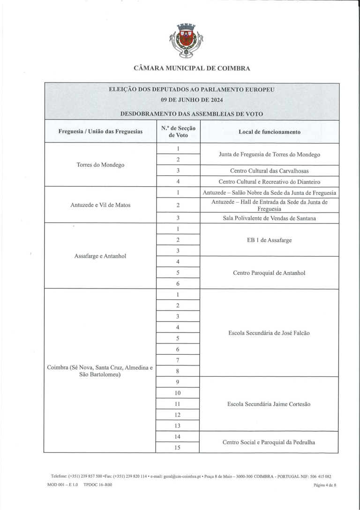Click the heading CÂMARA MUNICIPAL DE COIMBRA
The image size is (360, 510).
pos(192,69)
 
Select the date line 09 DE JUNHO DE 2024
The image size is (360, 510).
pos(192,100)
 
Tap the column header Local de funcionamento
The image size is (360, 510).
pos(269,132)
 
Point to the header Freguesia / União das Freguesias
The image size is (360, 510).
pos(100,132)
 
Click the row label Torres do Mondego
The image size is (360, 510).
pos(100,165)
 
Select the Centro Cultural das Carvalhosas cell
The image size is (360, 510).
pos(269,171)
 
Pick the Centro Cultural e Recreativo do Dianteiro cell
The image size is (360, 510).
pos(269,182)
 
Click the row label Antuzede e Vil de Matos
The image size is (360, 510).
pos(100,205)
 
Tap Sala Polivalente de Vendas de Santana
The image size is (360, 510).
pos(269,218)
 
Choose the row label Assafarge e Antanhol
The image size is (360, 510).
pos(100,256)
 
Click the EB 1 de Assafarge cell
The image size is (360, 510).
pos(269,240)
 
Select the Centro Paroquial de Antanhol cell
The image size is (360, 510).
pos(269,273)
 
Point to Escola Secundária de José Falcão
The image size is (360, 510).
pos(269,333)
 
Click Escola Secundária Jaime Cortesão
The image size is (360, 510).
pos(269,404)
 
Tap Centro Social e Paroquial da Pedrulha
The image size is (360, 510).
pos(269,442)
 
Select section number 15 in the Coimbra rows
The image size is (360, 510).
pos(178,448)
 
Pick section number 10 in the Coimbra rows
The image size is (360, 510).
pos(178,393)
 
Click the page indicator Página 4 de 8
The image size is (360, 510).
pos(325,486)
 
